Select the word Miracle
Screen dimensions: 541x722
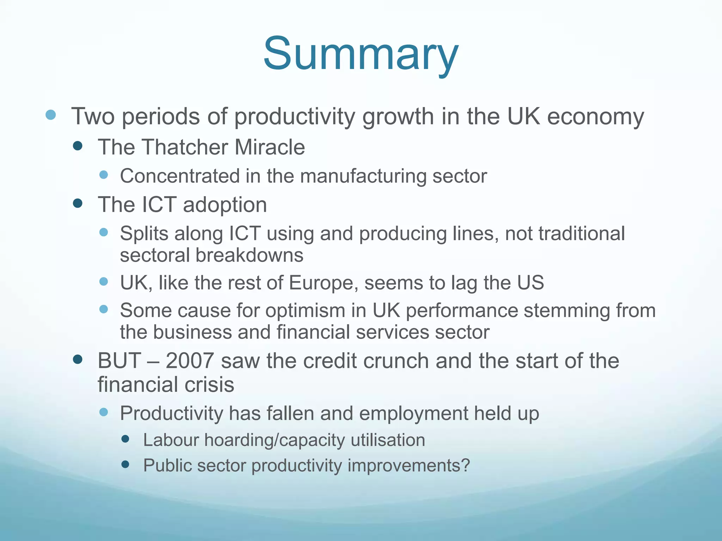pyautogui.click(x=270, y=147)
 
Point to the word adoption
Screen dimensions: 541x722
pyautogui.click(x=225, y=205)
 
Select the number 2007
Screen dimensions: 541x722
pyautogui.click(x=189, y=361)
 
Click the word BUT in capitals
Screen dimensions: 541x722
pyautogui.click(x=120, y=361)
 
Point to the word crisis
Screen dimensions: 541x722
pyautogui.click(x=209, y=384)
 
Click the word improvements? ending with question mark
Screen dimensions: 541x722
pyautogui.click(x=409, y=466)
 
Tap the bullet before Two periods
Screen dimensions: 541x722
pyautogui.click(x=51, y=115)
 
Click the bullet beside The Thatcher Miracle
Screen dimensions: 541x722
pyautogui.click(x=78, y=146)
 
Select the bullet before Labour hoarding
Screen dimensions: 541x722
pyautogui.click(x=125, y=439)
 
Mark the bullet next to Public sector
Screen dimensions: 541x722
pyautogui.click(x=125, y=464)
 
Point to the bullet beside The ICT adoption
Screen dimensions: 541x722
pyautogui.click(x=78, y=203)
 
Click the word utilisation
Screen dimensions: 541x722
pyautogui.click(x=388, y=440)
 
